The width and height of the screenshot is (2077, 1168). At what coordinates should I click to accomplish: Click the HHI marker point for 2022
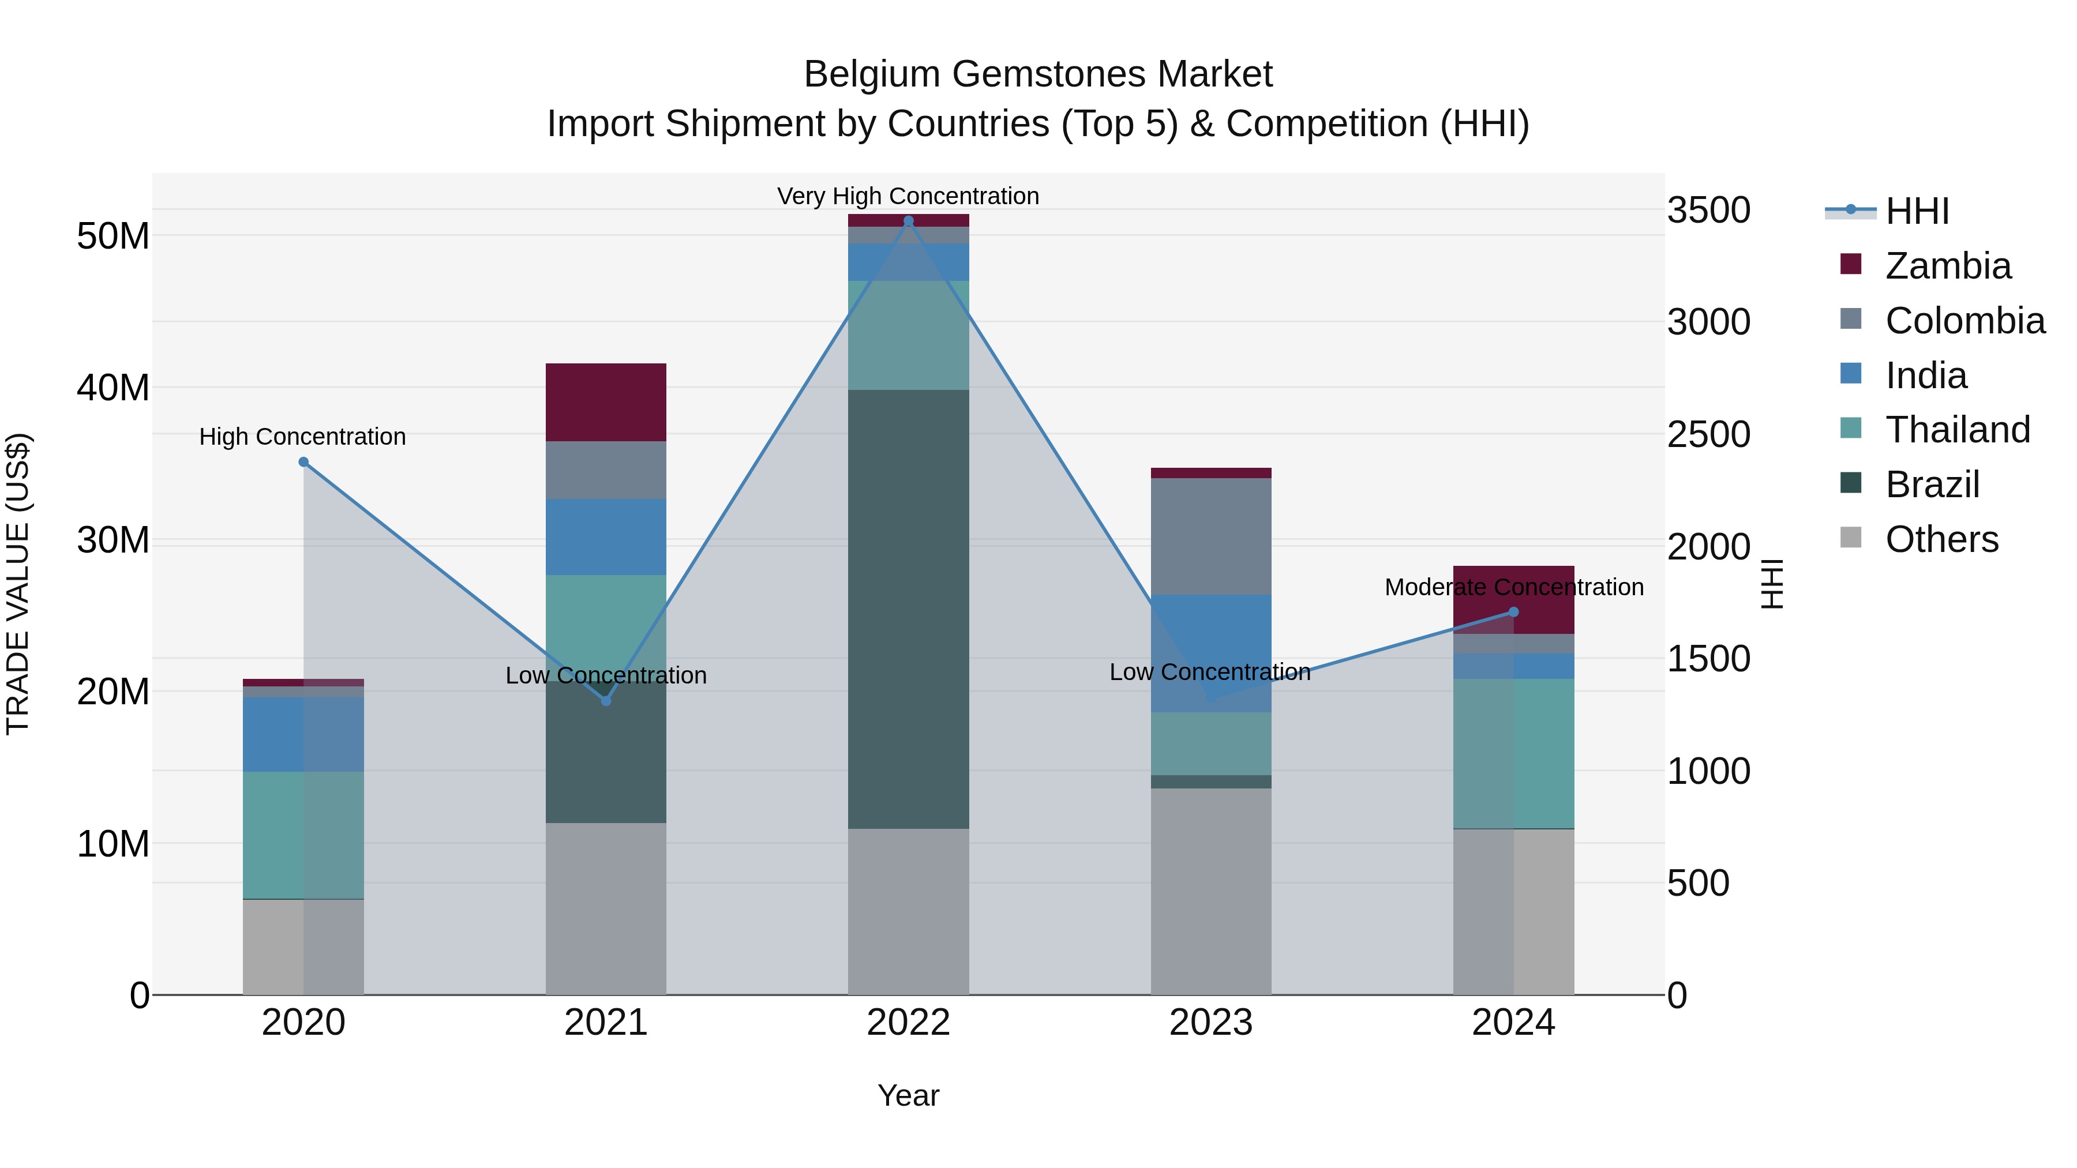(909, 221)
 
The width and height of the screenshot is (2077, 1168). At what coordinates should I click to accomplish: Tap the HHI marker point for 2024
(1513, 612)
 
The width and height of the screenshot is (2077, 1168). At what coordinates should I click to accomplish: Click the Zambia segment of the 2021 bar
(606, 402)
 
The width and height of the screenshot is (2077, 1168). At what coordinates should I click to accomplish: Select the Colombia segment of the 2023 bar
(1211, 536)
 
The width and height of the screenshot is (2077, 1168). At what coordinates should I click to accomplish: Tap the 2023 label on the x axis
(1211, 1023)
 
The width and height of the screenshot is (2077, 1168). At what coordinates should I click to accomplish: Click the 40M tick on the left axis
(113, 388)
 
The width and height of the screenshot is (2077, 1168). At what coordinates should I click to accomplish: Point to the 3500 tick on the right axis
(1708, 211)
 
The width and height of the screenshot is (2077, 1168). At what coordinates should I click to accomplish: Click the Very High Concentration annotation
(908, 196)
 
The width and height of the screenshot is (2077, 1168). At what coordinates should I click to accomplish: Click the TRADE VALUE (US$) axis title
(18, 584)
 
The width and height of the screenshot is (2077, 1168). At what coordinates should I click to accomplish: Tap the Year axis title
(908, 1095)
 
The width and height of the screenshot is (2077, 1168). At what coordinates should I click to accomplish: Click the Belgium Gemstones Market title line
(1038, 74)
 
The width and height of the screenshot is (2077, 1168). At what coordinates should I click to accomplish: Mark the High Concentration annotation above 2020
(302, 437)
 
